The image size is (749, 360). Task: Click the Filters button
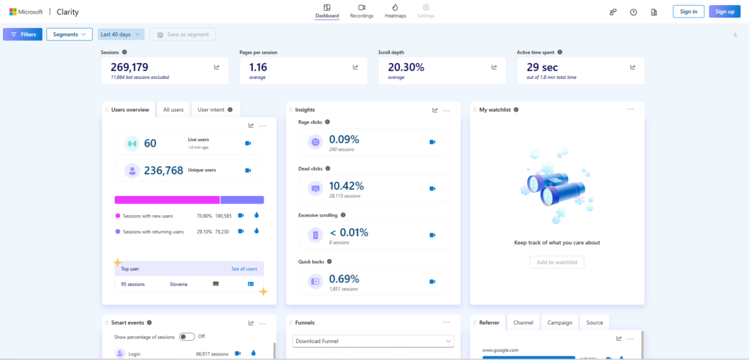click(23, 34)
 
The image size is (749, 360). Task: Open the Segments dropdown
click(69, 34)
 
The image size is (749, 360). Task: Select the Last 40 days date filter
click(120, 34)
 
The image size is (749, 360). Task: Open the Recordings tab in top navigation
click(361, 11)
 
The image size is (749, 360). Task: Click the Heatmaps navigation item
click(394, 11)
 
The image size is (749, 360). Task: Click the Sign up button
click(724, 12)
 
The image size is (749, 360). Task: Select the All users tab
click(173, 110)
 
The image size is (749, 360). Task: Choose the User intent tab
click(215, 110)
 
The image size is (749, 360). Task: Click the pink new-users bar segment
click(167, 200)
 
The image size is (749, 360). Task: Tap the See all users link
click(244, 269)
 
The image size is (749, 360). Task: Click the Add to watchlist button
click(557, 262)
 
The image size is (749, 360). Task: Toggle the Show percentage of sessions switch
click(187, 337)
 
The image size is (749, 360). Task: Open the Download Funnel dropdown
click(373, 341)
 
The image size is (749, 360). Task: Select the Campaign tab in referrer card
click(559, 322)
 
